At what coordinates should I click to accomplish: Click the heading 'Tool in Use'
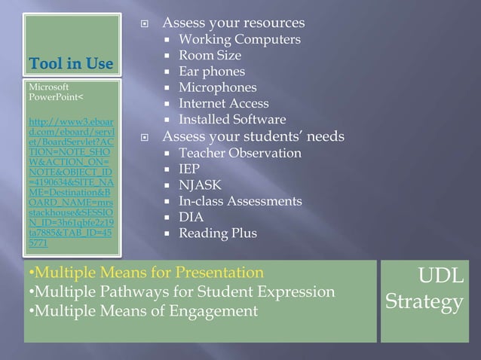pos(71,62)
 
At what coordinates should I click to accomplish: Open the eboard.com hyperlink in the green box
pos(69,181)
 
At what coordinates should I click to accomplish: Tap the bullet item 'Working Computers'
pos(239,39)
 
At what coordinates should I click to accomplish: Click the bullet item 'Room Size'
pos(210,56)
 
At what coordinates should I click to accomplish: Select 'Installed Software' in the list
pos(231,120)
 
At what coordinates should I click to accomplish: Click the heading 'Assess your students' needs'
pos(253,136)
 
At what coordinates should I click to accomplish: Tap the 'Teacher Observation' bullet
pos(239,153)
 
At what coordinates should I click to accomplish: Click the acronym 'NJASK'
pos(199,185)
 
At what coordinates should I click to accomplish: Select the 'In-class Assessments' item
pos(240,201)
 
